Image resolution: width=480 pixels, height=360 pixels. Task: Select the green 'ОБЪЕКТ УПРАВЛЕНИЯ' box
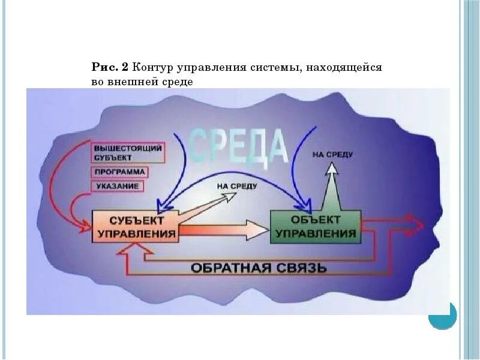click(x=316, y=226)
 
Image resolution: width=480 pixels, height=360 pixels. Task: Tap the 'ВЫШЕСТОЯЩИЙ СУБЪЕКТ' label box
click(x=128, y=152)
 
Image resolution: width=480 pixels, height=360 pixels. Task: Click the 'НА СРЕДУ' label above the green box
click(x=332, y=155)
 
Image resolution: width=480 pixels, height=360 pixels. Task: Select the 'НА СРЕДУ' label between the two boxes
click(x=237, y=187)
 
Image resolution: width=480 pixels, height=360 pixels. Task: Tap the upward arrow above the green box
click(x=331, y=183)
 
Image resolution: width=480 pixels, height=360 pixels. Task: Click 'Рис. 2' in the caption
click(x=110, y=68)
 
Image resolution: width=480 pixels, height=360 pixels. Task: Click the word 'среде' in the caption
click(x=178, y=82)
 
